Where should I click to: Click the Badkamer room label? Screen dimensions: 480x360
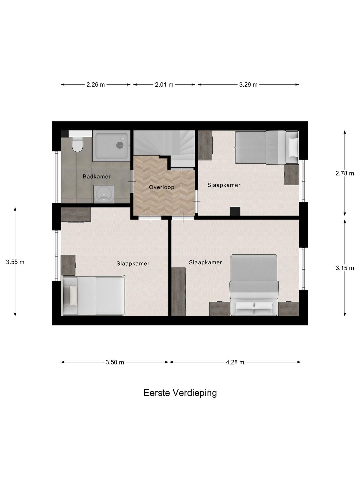tap(96, 177)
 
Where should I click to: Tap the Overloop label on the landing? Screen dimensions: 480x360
tap(161, 187)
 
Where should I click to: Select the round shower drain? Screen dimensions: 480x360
tap(120, 145)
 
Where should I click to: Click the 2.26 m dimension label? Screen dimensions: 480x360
tap(96, 85)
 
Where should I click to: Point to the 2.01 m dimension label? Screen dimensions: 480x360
tap(164, 85)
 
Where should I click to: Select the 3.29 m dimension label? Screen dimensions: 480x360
tap(248, 85)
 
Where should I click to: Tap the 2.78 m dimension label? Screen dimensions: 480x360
tap(345, 173)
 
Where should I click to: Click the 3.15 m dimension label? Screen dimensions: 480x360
tap(345, 268)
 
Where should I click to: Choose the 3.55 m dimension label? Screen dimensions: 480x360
tap(15, 262)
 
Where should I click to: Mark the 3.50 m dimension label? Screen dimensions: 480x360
tap(115, 362)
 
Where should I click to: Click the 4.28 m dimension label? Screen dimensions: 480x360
tap(235, 362)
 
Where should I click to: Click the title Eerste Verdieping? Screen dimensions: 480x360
tap(180, 393)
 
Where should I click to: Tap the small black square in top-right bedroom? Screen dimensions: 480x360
tap(235, 211)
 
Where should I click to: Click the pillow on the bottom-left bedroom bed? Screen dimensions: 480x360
tap(72, 295)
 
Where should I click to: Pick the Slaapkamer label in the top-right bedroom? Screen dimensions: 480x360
tap(224, 185)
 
